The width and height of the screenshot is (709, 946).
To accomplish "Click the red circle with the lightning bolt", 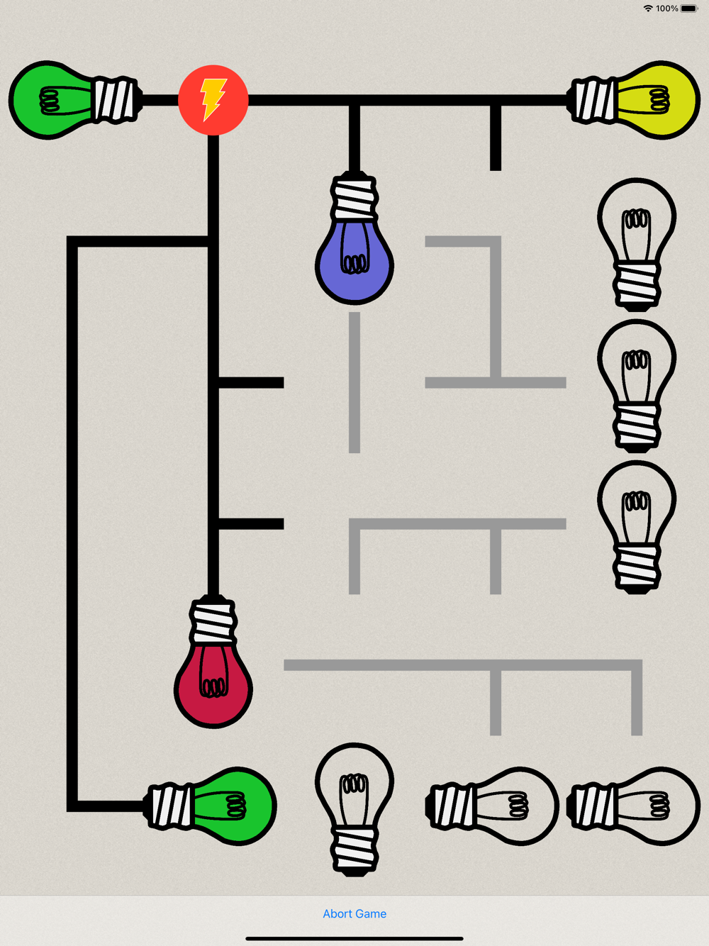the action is click(213, 100).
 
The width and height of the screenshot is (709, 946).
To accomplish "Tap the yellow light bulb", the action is click(634, 100).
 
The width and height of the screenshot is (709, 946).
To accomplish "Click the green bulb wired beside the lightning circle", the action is click(76, 100).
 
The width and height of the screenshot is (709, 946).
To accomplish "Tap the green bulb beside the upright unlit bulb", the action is click(210, 806).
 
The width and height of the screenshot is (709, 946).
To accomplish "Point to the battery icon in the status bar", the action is click(689, 9).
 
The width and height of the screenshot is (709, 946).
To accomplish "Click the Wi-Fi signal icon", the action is click(648, 9).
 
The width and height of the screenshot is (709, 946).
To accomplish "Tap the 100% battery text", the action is click(666, 9).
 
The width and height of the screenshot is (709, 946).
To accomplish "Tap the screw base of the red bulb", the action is click(213, 620).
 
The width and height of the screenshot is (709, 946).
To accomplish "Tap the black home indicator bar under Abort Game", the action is click(354, 938).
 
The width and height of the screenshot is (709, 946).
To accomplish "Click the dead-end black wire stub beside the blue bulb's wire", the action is click(496, 138).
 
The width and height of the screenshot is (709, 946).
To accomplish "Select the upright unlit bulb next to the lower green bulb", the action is click(354, 809).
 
